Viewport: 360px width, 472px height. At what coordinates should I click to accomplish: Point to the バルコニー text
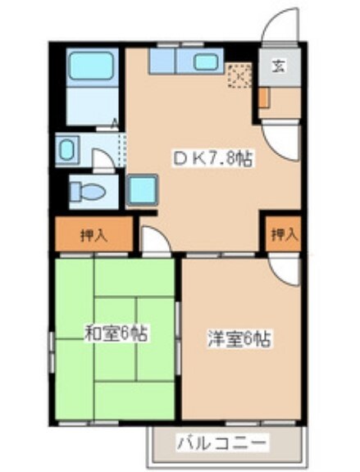pos(221,444)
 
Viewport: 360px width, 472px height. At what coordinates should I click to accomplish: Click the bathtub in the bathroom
pos(92,65)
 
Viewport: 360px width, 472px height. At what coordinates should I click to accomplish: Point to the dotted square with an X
pos(239,76)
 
